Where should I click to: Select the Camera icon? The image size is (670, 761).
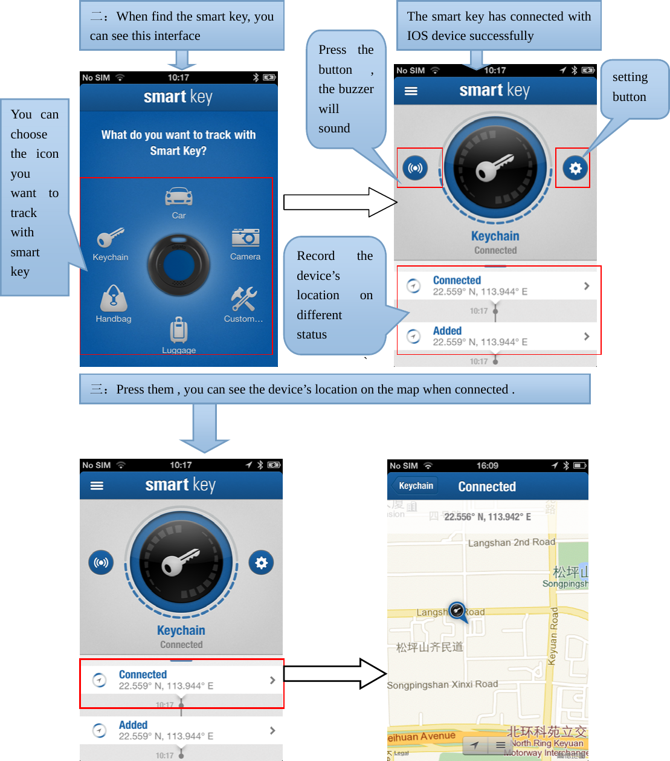tap(245, 237)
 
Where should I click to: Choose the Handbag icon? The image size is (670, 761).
tap(114, 298)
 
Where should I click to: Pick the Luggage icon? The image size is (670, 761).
tap(179, 330)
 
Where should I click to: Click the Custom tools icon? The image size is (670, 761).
tap(243, 299)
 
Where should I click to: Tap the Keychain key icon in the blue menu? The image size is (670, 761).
tap(110, 238)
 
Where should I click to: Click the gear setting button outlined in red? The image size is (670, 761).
tap(575, 168)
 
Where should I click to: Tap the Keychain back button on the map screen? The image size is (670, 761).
tap(416, 486)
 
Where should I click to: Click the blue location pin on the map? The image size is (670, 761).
tap(457, 611)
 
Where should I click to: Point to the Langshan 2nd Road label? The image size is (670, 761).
tap(511, 543)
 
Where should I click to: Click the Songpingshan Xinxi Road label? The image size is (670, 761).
tap(442, 685)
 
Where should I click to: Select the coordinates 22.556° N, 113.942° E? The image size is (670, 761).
tap(488, 517)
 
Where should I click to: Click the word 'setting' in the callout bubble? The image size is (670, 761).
tap(630, 77)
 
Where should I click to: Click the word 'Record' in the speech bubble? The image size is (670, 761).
tap(315, 256)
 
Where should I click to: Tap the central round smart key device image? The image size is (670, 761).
tap(179, 265)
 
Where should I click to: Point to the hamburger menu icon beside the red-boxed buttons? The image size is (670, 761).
tap(411, 91)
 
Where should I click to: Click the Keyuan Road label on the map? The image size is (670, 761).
tap(553, 636)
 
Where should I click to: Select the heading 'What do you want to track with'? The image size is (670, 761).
tap(178, 135)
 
